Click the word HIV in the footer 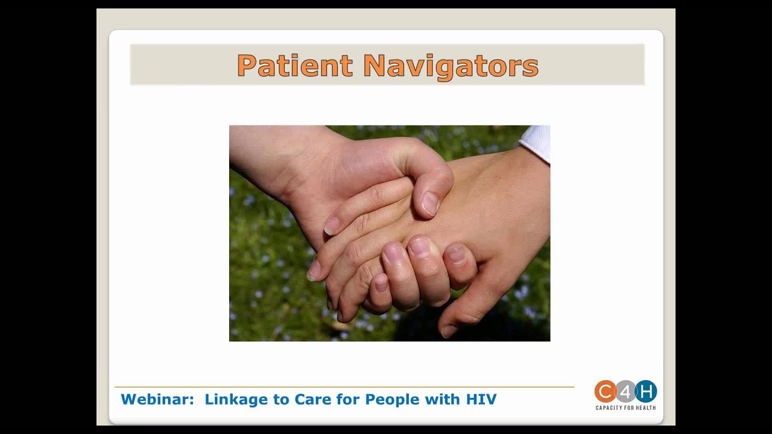(x=481, y=399)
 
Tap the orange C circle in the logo (x=605, y=392)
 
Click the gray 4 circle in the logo (x=625, y=392)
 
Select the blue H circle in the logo (x=646, y=392)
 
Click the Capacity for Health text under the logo (x=625, y=408)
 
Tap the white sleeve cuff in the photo (x=536, y=143)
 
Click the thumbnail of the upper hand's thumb (x=430, y=204)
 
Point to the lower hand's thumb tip (x=448, y=330)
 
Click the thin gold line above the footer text (x=344, y=387)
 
